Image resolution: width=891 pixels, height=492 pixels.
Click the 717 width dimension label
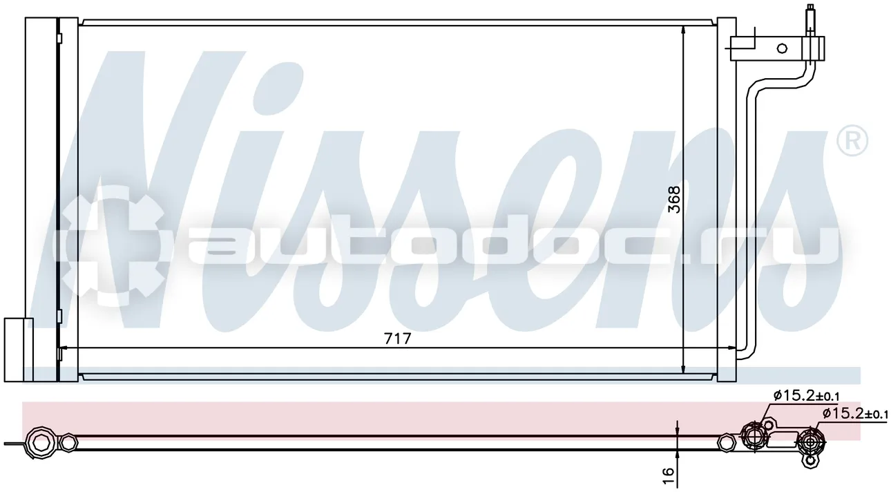397,339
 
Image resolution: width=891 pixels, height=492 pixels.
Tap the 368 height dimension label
674,200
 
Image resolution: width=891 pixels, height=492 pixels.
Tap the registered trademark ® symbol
852,140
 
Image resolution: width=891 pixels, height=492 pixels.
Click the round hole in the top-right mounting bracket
782,48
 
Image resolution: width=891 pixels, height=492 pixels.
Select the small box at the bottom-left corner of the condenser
18,350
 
